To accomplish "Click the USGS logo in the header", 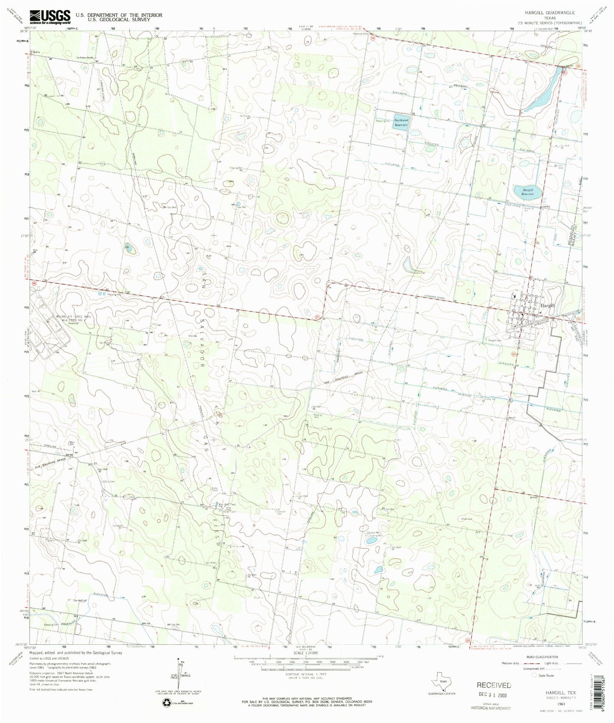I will (50, 16).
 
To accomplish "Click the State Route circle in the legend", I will (535, 675).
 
